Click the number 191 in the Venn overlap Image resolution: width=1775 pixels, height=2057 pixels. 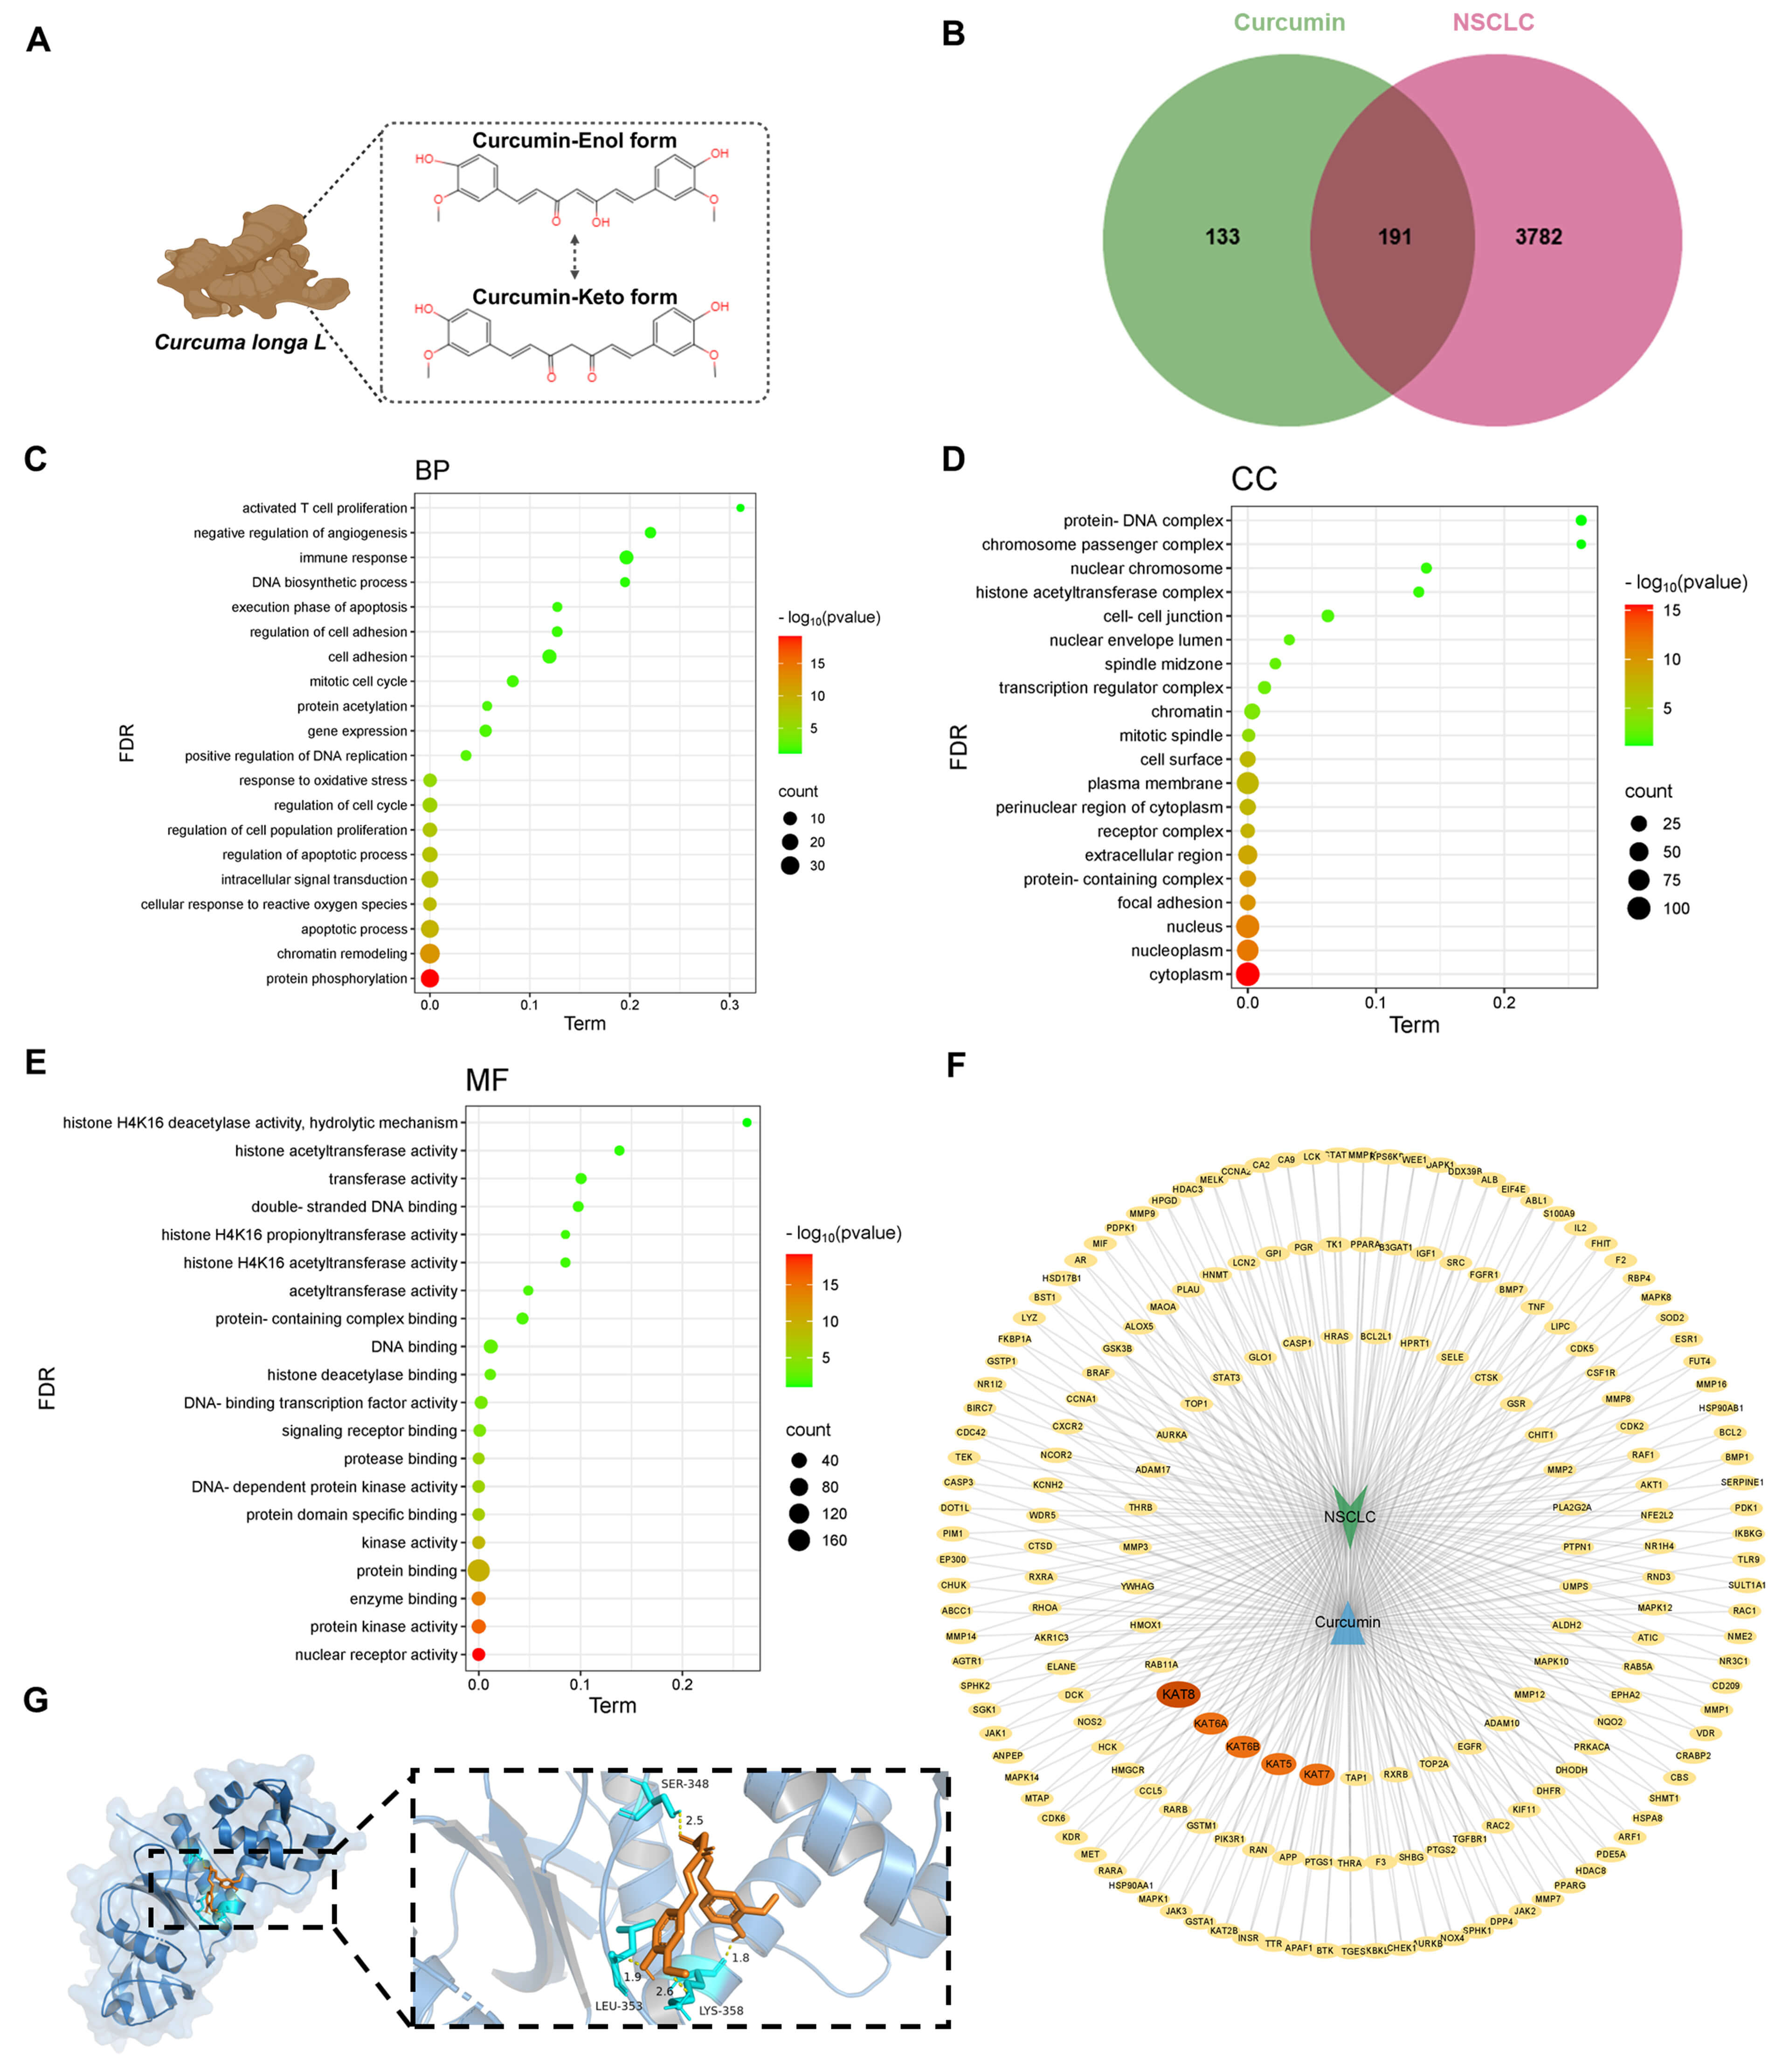[x=1394, y=236]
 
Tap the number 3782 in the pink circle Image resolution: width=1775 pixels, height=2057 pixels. [x=1538, y=236]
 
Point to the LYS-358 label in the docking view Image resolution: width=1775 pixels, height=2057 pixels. [x=721, y=2010]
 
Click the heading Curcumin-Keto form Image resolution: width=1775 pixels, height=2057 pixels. [x=574, y=297]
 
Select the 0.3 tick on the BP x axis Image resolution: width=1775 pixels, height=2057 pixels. [x=730, y=1005]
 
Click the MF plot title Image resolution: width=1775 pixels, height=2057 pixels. [x=486, y=1080]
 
